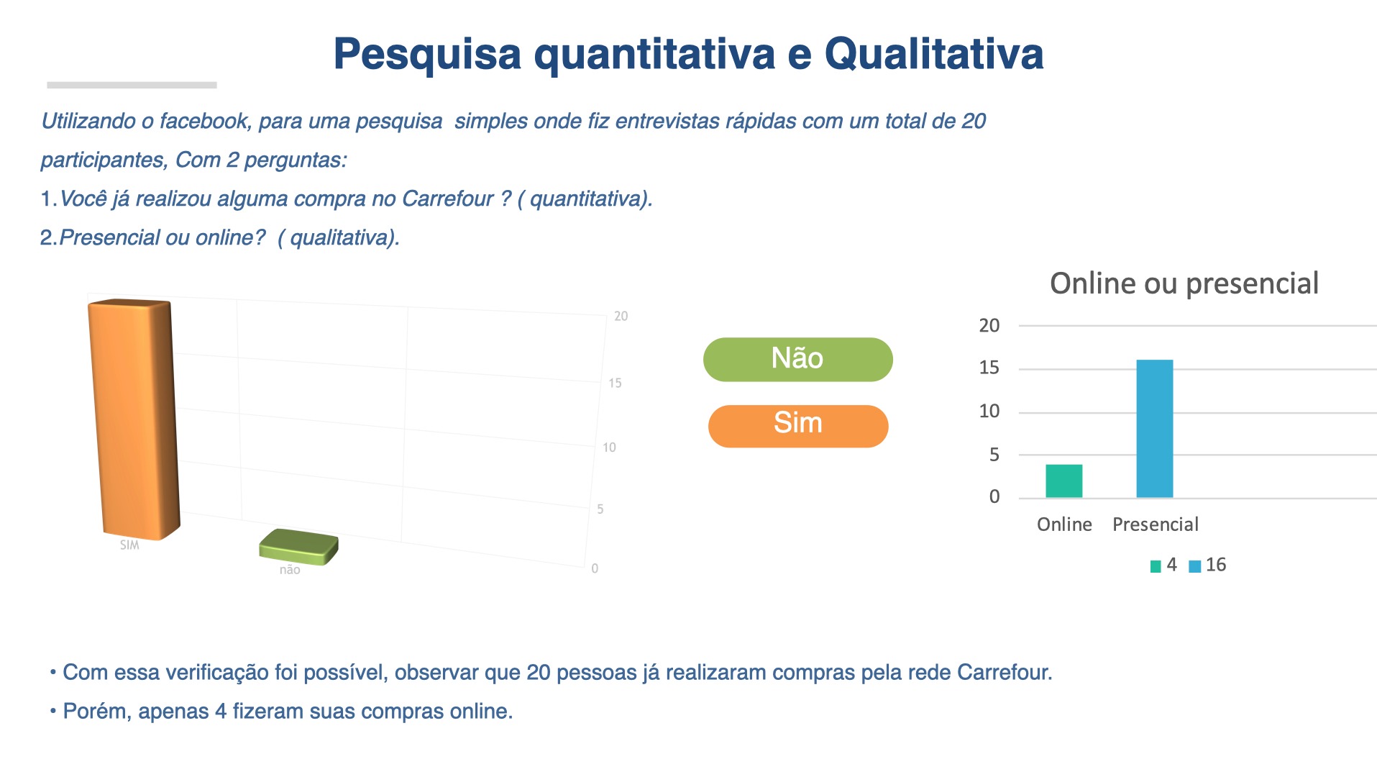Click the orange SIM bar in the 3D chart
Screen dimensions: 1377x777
[134, 419]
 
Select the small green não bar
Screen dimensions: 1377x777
[298, 547]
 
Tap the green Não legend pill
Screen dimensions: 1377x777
[797, 359]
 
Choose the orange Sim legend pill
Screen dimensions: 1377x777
[798, 426]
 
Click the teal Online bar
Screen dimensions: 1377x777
[1063, 481]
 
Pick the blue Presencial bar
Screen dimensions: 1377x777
[1154, 429]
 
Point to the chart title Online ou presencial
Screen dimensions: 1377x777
[1184, 283]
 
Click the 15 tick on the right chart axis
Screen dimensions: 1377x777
[989, 368]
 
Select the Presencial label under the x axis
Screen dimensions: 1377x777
[1156, 524]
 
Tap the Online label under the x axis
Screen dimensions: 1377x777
[1064, 524]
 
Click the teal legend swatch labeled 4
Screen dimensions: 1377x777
[1156, 566]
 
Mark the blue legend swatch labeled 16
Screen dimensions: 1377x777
[1195, 566]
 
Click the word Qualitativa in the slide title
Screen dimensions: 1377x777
[933, 54]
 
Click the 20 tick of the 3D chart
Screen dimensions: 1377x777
[621, 316]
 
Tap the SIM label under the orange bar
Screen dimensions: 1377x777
[129, 545]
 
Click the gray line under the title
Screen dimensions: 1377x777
[132, 85]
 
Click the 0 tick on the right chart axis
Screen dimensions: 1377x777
[994, 496]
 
